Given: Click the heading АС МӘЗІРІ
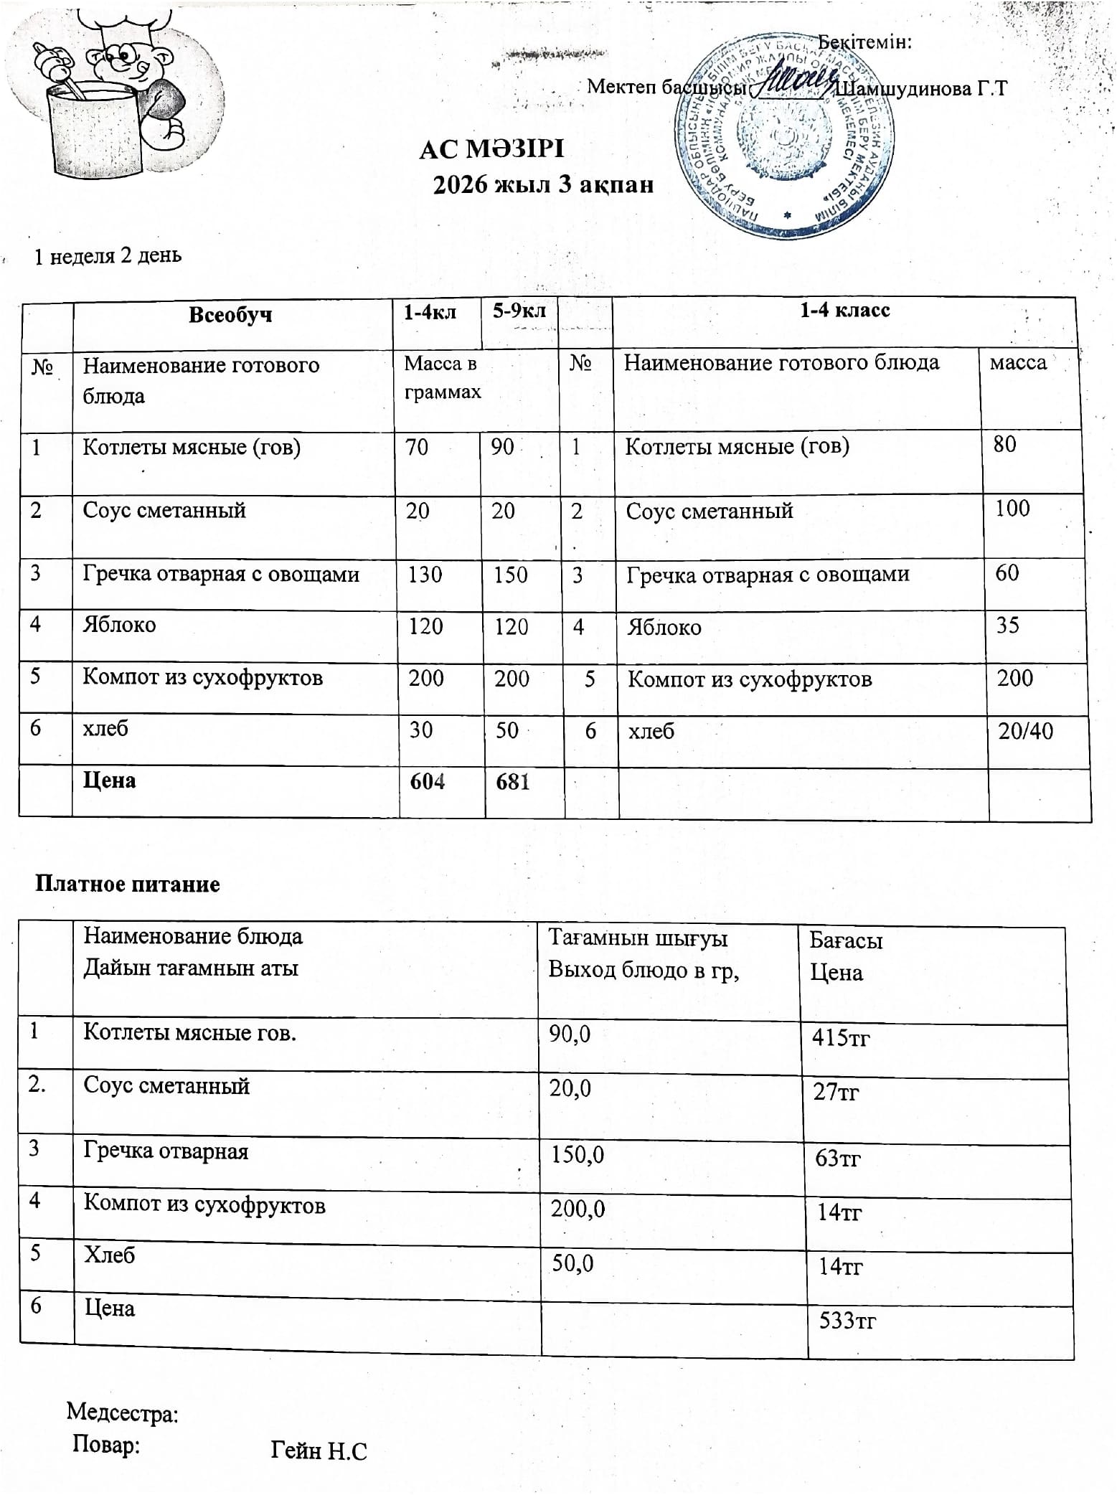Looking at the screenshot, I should point(491,149).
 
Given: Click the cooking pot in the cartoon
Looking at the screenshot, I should point(95,133).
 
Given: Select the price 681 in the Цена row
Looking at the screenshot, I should point(512,781).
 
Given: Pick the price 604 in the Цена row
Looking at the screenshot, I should point(427,781).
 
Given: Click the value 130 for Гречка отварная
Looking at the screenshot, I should point(425,575).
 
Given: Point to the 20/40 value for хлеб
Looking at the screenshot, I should point(1026,731).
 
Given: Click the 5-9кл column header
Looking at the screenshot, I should point(519,311).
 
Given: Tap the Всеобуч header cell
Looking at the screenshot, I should point(230,315).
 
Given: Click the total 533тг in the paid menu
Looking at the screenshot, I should point(847,1321).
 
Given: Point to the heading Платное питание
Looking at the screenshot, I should point(128,884).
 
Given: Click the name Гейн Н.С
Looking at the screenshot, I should point(319,1451).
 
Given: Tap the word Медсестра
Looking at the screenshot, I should point(122,1413).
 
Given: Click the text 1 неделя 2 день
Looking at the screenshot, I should point(108,256).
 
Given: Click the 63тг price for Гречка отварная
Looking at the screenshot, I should point(837,1158).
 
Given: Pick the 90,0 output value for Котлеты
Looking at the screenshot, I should point(570,1034).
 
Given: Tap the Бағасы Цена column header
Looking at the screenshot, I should point(846,956).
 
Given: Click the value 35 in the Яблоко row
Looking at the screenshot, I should point(1007,626).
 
